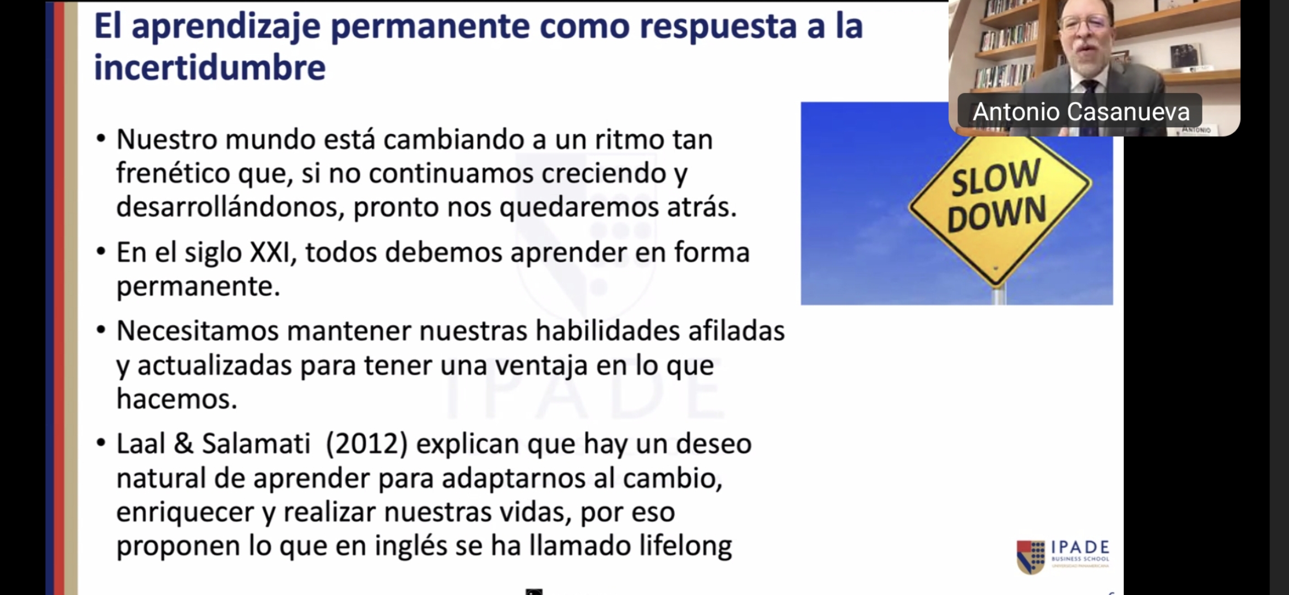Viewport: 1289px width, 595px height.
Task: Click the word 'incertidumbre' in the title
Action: [210, 67]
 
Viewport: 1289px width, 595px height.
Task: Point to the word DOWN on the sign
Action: [996, 213]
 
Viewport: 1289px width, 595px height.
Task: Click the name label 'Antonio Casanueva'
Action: [1081, 111]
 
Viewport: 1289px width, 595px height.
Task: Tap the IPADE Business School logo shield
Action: [1031, 557]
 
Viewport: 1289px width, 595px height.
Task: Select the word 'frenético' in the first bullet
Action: [173, 174]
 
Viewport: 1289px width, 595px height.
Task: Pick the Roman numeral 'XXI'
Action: [270, 253]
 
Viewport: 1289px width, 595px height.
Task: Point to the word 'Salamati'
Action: [256, 443]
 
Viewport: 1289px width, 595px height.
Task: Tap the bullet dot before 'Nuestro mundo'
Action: [101, 138]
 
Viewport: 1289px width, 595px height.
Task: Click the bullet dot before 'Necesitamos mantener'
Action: [101, 330]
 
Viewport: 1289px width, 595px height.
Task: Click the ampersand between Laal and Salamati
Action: [183, 443]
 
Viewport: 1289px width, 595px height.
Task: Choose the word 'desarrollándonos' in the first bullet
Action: [230, 208]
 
